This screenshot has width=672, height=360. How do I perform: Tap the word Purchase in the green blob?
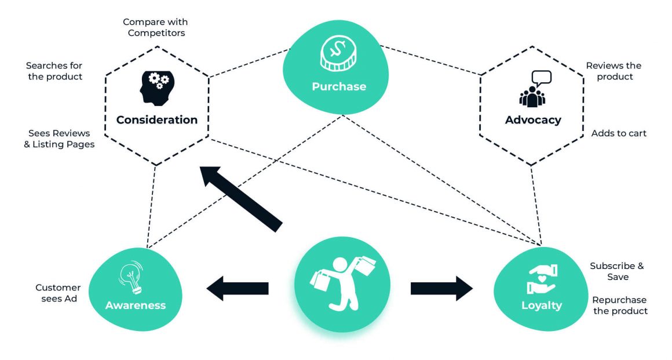pyautogui.click(x=339, y=86)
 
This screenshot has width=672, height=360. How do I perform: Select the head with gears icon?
pyautogui.click(x=155, y=88)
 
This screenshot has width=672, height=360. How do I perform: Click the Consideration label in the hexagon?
pyautogui.click(x=157, y=120)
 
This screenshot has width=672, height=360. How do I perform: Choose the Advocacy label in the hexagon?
pyautogui.click(x=533, y=120)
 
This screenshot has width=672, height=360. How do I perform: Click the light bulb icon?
pyautogui.click(x=132, y=277)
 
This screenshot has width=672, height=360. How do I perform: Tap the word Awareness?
pyautogui.click(x=136, y=305)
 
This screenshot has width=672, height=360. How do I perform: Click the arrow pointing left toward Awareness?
pyautogui.click(x=238, y=288)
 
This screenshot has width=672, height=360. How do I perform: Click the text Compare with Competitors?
pyautogui.click(x=155, y=27)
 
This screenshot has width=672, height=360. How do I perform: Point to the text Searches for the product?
pyautogui.click(x=54, y=71)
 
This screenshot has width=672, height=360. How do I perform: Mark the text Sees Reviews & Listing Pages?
pyautogui.click(x=59, y=139)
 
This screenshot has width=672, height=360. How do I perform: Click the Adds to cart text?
pyautogui.click(x=619, y=133)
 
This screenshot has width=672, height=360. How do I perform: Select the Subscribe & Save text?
pyautogui.click(x=616, y=271)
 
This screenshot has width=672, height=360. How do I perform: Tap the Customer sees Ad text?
pyautogui.click(x=58, y=293)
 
